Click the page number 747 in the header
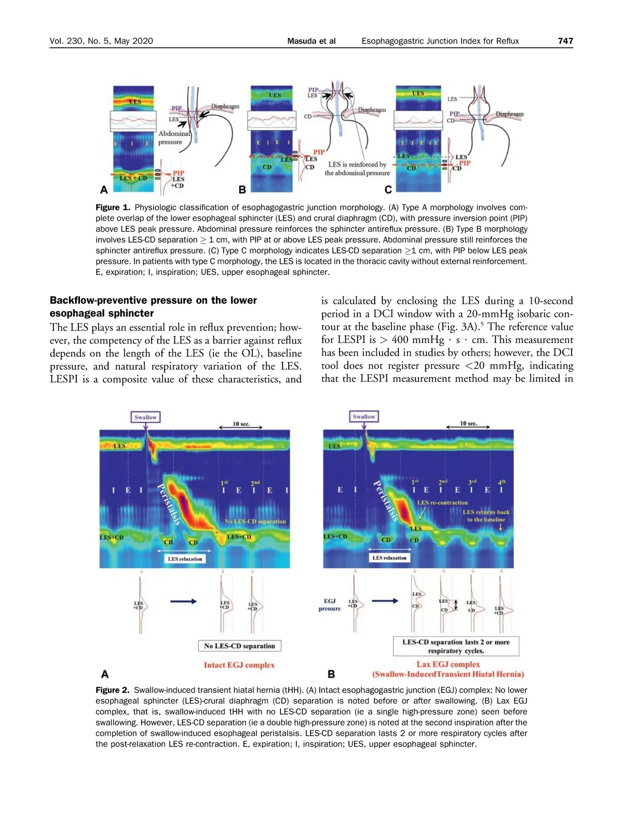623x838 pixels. click(x=565, y=41)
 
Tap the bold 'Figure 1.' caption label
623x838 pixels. click(x=113, y=207)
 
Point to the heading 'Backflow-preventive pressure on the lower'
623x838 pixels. click(x=153, y=300)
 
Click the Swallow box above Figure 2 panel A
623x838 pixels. click(x=145, y=417)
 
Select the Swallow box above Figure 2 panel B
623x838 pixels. click(x=363, y=417)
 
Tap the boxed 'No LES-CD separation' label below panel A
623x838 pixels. click(x=239, y=646)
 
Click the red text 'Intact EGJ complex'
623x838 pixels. click(x=239, y=665)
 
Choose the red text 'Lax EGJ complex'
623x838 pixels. click(x=448, y=664)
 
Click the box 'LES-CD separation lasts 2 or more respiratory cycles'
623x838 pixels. click(x=456, y=646)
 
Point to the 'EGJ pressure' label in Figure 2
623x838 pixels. click(x=330, y=605)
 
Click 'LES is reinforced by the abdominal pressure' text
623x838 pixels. click(x=357, y=169)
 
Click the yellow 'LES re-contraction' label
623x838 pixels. click(x=442, y=502)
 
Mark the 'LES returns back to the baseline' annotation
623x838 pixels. click(x=486, y=515)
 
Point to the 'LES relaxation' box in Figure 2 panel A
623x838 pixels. click(x=185, y=559)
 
